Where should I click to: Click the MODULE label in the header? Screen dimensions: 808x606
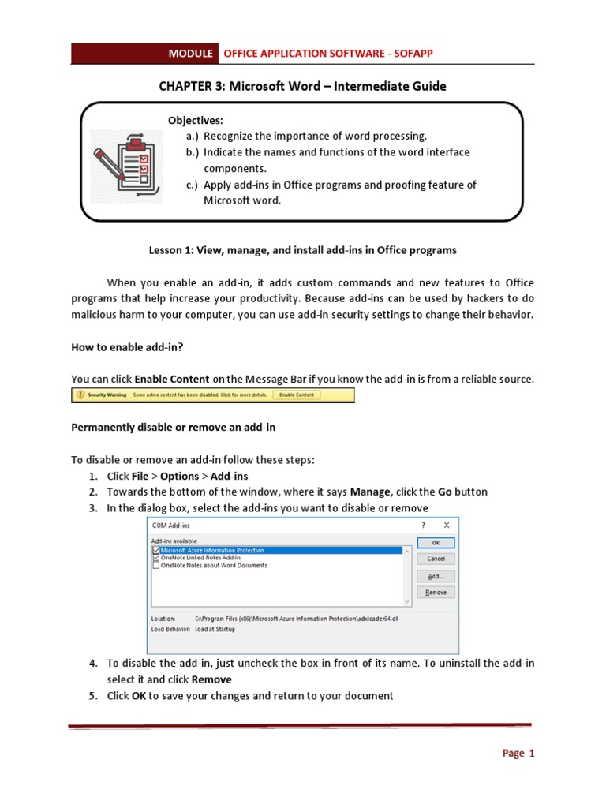tap(190, 54)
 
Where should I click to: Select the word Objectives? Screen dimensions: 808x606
tap(195, 120)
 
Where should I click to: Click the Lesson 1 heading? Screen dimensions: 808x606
tap(302, 250)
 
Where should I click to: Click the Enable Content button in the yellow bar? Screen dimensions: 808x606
tap(297, 395)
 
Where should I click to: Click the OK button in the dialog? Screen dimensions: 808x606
tap(436, 543)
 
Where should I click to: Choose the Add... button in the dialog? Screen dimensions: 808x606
tap(436, 576)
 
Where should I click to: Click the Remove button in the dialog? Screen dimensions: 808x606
tap(436, 592)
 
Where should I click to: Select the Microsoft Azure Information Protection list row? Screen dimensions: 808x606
tap(212, 550)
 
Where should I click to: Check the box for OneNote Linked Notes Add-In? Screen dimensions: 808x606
tap(156, 558)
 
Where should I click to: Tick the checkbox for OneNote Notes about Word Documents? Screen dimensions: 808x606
tap(156, 565)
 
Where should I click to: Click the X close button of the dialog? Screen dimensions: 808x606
tap(447, 525)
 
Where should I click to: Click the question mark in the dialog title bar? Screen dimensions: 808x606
tap(424, 525)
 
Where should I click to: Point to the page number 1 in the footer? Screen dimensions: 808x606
tap(532, 754)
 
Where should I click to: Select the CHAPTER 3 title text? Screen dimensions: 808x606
tap(302, 86)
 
